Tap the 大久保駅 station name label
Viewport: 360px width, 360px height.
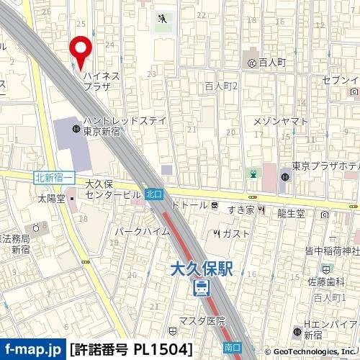pyautogui.click(x=204, y=269)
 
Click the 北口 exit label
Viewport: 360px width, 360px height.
pyautogui.click(x=154, y=194)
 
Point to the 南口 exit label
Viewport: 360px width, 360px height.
pyautogui.click(x=232, y=347)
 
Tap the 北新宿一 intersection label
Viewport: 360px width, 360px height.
pyautogui.click(x=54, y=177)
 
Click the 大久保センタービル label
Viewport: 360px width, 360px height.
pyautogui.click(x=112, y=189)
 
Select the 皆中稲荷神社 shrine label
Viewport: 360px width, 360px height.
pyautogui.click(x=330, y=251)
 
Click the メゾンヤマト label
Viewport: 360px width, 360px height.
pyautogui.click(x=285, y=120)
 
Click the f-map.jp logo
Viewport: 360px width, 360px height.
pyautogui.click(x=32, y=349)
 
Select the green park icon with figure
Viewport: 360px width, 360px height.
pyautogui.click(x=164, y=19)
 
